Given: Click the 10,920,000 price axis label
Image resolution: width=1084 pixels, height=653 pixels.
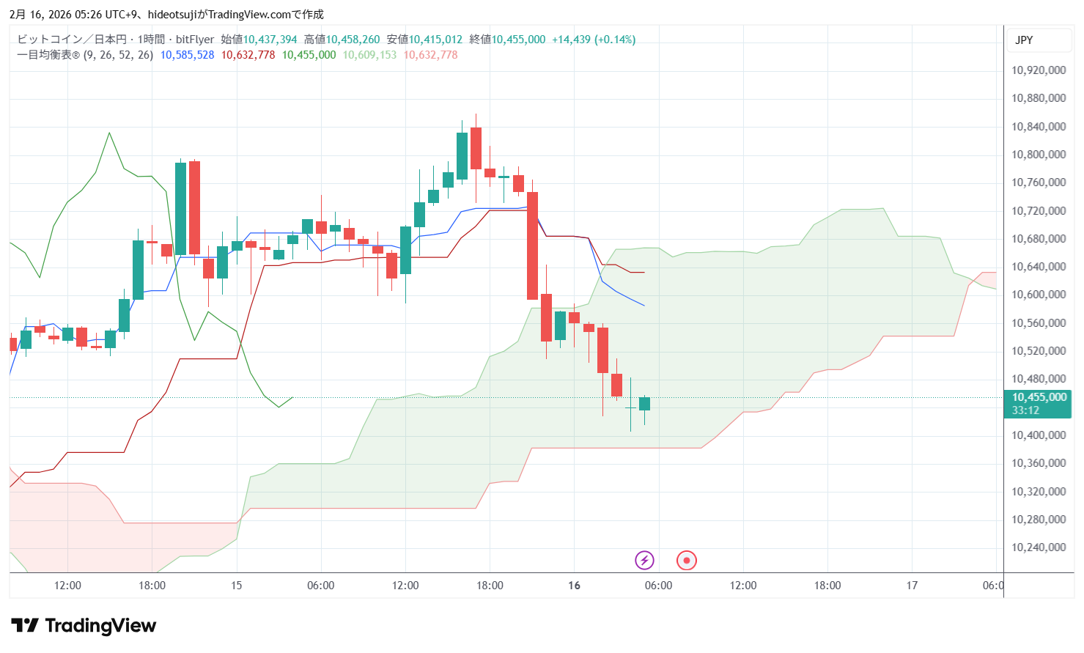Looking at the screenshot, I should coord(1038,70).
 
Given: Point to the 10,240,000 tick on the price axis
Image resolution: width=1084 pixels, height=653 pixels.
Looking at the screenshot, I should coord(1038,547).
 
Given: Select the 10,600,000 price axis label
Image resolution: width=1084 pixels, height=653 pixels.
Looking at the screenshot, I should coord(1038,295).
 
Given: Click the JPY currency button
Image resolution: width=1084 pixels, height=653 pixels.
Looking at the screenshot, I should coord(1024,40).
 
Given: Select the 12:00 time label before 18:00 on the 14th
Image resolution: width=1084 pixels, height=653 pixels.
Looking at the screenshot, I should coord(67,586).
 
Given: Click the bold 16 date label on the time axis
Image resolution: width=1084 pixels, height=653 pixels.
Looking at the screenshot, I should coord(574,586).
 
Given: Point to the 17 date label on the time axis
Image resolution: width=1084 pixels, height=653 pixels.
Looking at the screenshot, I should coord(912,586).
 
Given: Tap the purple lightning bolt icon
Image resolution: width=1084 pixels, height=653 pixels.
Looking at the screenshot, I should coord(644,561).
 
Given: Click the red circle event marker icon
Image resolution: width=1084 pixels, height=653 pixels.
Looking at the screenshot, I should coord(686,561).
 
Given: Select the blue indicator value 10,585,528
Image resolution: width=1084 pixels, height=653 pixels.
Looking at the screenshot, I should coord(187,55).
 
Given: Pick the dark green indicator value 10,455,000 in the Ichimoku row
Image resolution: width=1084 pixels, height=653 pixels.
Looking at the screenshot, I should coord(309,55).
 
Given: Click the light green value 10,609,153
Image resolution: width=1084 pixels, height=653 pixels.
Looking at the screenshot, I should coord(369,55).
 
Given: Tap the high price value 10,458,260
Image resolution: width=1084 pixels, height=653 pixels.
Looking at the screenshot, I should coord(353,40).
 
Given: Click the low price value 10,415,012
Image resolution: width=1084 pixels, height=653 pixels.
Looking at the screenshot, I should coord(435,40).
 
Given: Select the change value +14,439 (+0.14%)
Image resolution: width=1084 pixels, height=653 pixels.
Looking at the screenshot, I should coord(593,40).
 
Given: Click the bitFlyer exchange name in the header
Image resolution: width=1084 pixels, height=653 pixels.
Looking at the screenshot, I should coord(195,40).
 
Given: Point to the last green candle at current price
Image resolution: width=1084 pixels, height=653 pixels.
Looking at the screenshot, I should coord(644,404).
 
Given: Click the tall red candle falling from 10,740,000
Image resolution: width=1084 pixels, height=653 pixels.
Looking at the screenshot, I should coord(532,246).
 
